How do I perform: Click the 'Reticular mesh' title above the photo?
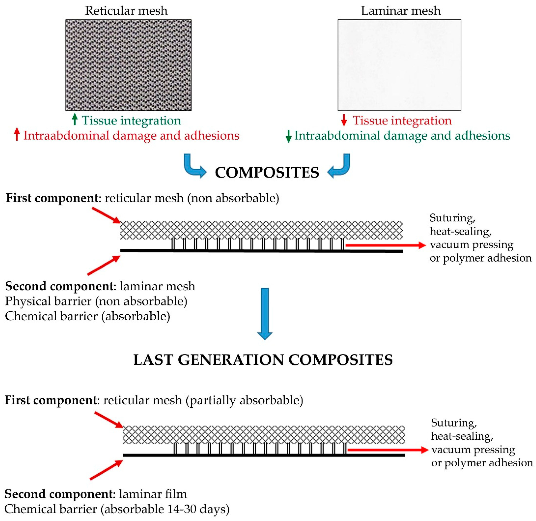(x=126, y=11)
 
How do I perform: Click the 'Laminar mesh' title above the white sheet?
(x=401, y=11)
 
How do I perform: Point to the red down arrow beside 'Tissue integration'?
(x=344, y=120)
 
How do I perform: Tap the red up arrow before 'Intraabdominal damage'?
(x=17, y=135)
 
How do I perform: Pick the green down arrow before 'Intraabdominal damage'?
(x=288, y=136)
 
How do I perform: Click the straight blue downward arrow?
(x=265, y=313)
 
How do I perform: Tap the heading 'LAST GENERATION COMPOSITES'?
(x=263, y=360)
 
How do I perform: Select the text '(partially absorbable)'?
(x=244, y=400)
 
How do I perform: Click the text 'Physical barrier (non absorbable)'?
(x=96, y=301)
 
